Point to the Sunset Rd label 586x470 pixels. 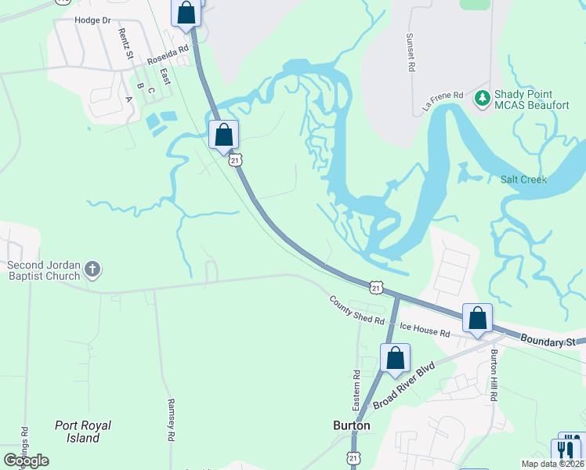pyautogui.click(x=410, y=52)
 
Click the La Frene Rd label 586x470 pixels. pyautogui.click(x=445, y=102)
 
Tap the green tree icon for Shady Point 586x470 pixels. pyautogui.click(x=482, y=99)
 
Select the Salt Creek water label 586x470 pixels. pyautogui.click(x=523, y=179)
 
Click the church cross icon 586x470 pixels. pyautogui.click(x=92, y=270)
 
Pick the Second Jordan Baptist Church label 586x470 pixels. pyautogui.click(x=44, y=270)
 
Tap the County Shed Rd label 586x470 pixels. pyautogui.click(x=356, y=310)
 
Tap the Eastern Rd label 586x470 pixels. pyautogui.click(x=356, y=390)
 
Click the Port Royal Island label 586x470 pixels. pyautogui.click(x=83, y=432)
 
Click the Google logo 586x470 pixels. pyautogui.click(x=26, y=461)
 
